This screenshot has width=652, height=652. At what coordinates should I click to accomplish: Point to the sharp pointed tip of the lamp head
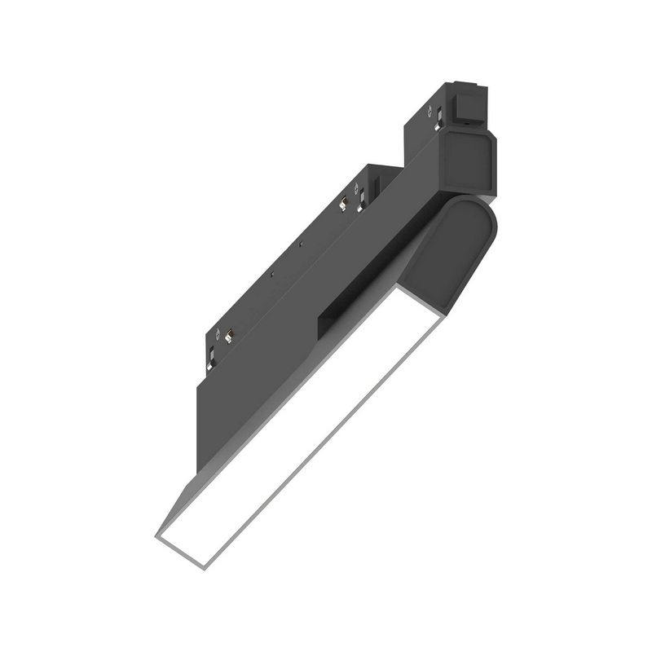click(157, 538)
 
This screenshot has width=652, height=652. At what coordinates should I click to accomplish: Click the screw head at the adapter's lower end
click(218, 333)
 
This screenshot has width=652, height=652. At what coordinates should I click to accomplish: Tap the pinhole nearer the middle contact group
click(301, 244)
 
